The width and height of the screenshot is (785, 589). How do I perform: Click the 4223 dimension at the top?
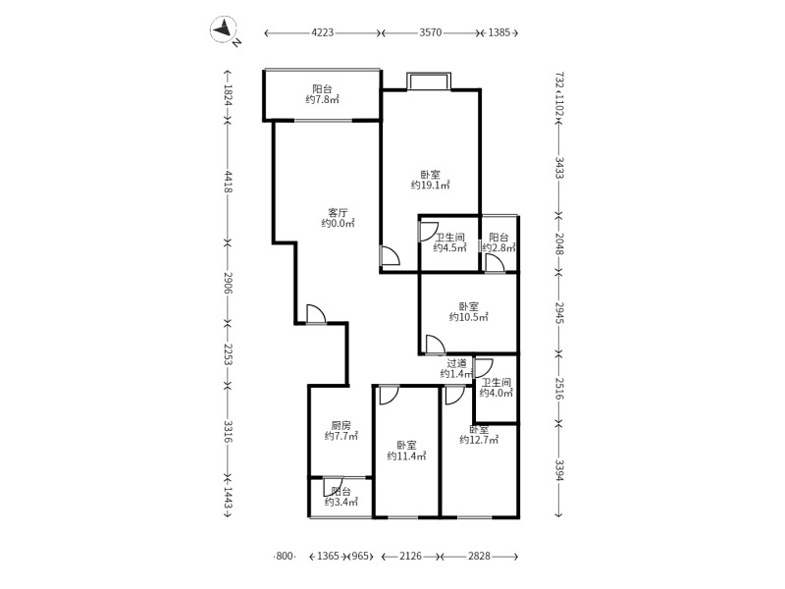tap(323, 32)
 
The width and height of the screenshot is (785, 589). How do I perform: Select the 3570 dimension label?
tap(430, 32)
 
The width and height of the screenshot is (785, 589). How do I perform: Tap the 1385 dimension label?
tap(498, 32)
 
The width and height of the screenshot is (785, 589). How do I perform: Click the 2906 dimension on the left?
tap(228, 283)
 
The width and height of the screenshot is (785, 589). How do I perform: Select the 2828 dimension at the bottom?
tap(480, 557)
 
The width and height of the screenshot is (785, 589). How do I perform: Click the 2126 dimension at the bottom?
tap(411, 557)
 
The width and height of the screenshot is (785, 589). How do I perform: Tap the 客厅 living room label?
tap(338, 211)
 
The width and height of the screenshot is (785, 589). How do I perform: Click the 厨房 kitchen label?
tap(340, 425)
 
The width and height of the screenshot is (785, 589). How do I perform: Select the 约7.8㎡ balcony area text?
tap(322, 99)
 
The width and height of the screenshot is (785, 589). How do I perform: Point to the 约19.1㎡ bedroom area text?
tap(430, 185)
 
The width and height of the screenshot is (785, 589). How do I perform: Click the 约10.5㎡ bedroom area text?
tap(468, 317)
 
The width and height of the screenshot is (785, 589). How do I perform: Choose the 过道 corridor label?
tap(456, 363)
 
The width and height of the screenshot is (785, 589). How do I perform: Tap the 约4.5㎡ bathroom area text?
tap(449, 248)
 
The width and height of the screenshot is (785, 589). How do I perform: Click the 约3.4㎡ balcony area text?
tap(340, 504)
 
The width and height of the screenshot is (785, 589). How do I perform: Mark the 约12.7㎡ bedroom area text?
tap(478, 441)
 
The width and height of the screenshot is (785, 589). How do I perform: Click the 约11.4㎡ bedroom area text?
tap(405, 455)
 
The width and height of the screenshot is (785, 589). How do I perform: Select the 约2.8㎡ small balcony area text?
tap(498, 248)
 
